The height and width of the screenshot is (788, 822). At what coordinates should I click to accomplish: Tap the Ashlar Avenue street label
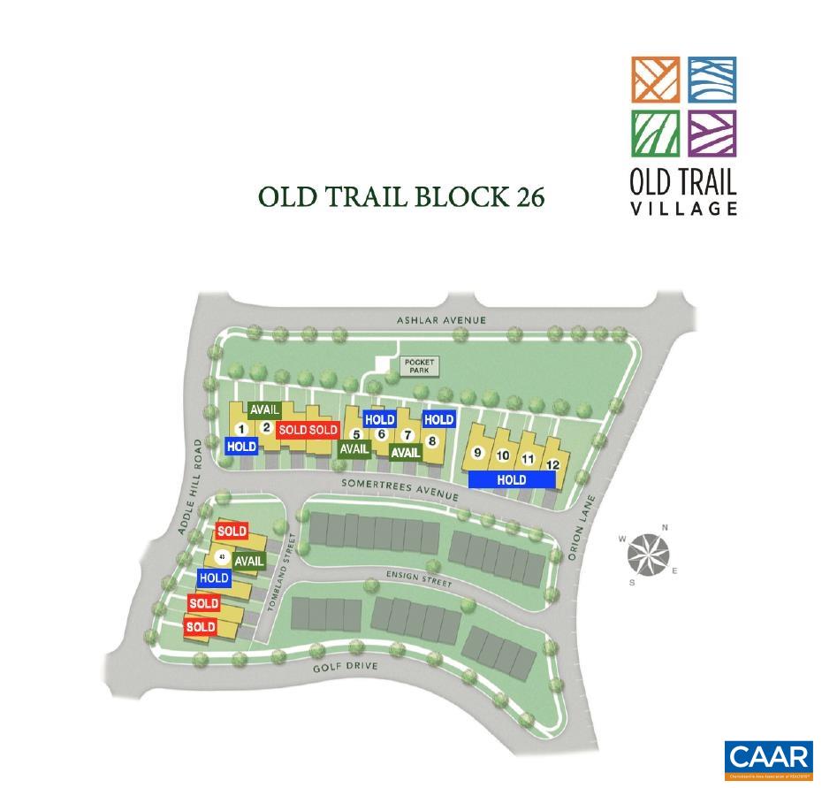tap(441, 319)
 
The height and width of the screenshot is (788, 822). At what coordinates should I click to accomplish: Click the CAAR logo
tap(768, 760)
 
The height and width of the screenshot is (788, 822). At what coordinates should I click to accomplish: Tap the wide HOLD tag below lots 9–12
tap(512, 479)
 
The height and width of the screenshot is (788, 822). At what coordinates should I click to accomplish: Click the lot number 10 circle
tap(503, 456)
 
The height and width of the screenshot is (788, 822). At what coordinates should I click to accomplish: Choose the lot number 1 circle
tap(241, 430)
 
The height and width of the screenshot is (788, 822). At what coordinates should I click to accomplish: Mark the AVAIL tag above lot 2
tap(264, 410)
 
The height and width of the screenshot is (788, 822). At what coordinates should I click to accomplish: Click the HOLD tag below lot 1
tap(241, 447)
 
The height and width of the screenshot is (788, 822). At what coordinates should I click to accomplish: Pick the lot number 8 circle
tap(432, 440)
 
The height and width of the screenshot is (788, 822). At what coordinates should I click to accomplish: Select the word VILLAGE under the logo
tap(683, 209)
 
